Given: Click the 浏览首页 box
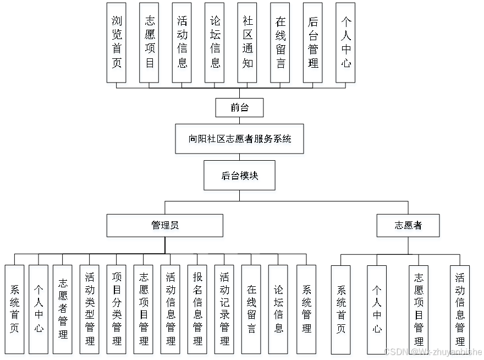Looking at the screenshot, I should (117, 43).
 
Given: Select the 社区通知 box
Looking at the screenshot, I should (248, 43).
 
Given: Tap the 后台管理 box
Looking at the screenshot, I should (313, 43).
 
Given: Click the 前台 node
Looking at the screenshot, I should (239, 108).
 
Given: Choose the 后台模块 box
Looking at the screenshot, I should (240, 176).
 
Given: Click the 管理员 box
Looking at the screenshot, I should (165, 225).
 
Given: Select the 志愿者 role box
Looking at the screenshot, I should (408, 225).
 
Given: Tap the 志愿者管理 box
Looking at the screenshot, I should (63, 309).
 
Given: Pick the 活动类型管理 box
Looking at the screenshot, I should (90, 309).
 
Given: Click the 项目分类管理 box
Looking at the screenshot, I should (117, 309).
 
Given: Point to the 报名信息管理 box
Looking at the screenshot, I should (197, 309).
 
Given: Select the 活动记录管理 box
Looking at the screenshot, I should (224, 309).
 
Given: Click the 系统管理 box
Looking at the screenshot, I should (306, 309).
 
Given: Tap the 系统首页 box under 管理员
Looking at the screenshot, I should (14, 309).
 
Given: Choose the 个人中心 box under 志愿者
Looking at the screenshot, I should (377, 309).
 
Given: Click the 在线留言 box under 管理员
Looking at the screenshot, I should (251, 309).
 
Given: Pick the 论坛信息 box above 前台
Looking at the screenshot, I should (215, 43).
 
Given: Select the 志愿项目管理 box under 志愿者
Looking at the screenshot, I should (419, 309).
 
